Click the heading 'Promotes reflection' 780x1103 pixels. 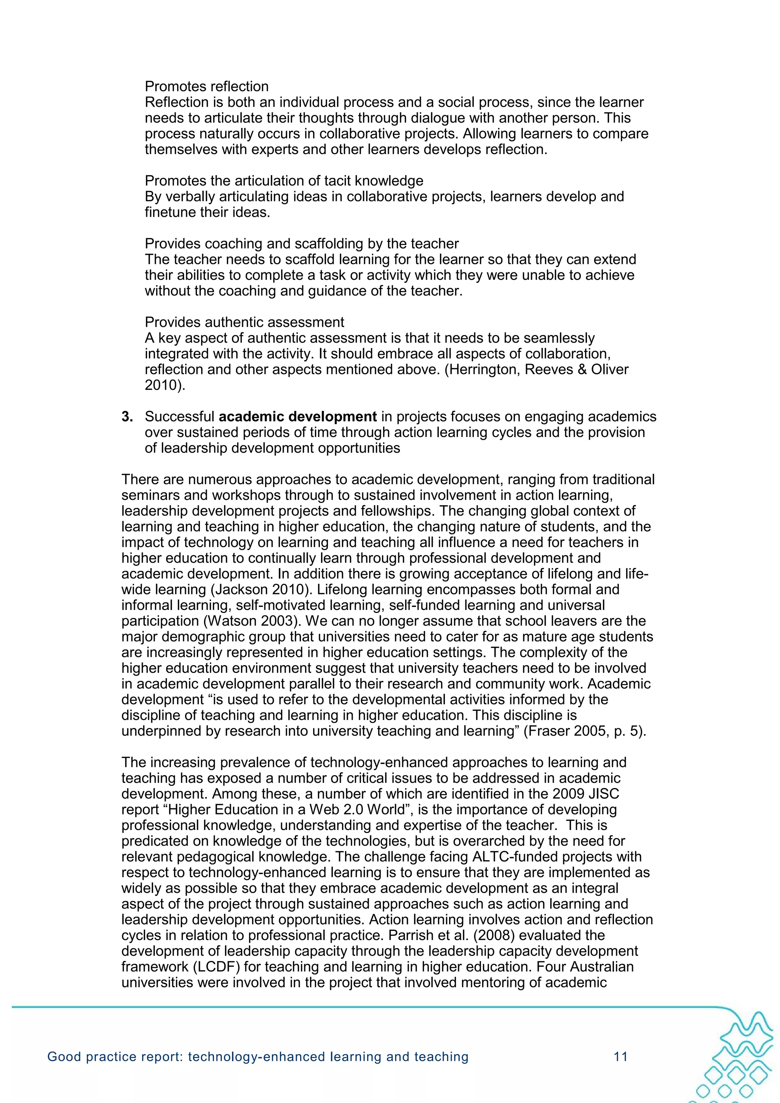(207, 86)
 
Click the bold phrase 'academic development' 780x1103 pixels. (297, 417)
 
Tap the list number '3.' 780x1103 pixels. (127, 417)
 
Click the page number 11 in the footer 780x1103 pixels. (621, 1057)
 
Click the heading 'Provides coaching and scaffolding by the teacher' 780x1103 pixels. (302, 244)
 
